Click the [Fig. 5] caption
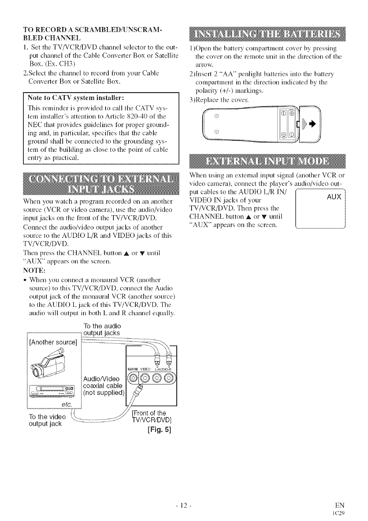click(x=160, y=429)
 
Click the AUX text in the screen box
click(x=334, y=197)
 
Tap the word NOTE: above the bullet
click(x=33, y=270)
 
